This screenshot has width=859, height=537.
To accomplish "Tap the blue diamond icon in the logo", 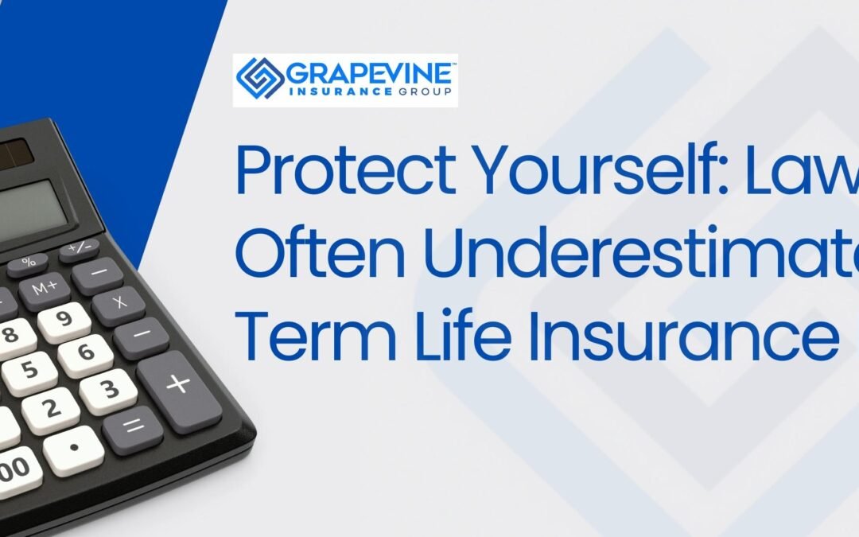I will (259, 80).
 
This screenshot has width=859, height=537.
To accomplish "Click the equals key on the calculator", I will (134, 427).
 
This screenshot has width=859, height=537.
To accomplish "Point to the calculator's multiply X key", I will (119, 303).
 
